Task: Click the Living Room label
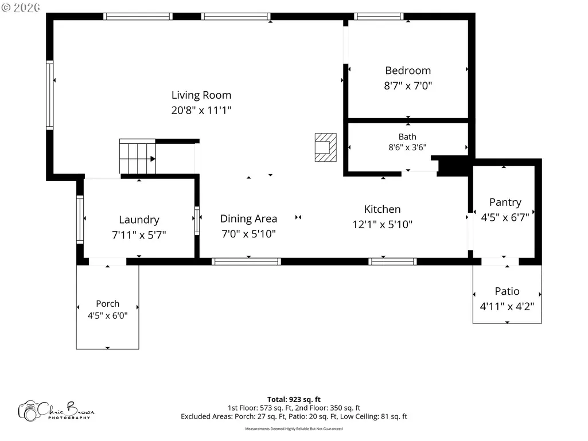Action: (201, 95)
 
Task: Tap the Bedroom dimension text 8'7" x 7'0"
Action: (408, 86)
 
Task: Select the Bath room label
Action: (407, 137)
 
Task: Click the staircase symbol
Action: (137, 157)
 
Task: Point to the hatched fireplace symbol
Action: (325, 147)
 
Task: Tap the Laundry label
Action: (139, 220)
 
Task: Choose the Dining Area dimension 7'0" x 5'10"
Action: (248, 234)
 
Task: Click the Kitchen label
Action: (383, 209)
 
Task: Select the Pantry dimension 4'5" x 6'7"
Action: (505, 217)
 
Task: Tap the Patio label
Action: (507, 291)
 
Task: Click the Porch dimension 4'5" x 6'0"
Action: (108, 316)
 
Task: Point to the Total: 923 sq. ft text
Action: (294, 399)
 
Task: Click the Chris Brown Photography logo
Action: (56, 411)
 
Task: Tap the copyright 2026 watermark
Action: (21, 7)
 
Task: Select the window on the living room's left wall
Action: (49, 95)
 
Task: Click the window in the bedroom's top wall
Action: (379, 16)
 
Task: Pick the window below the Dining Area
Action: (246, 262)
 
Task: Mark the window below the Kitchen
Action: (392, 262)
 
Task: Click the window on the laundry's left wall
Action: (80, 220)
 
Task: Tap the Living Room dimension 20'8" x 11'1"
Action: (201, 110)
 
